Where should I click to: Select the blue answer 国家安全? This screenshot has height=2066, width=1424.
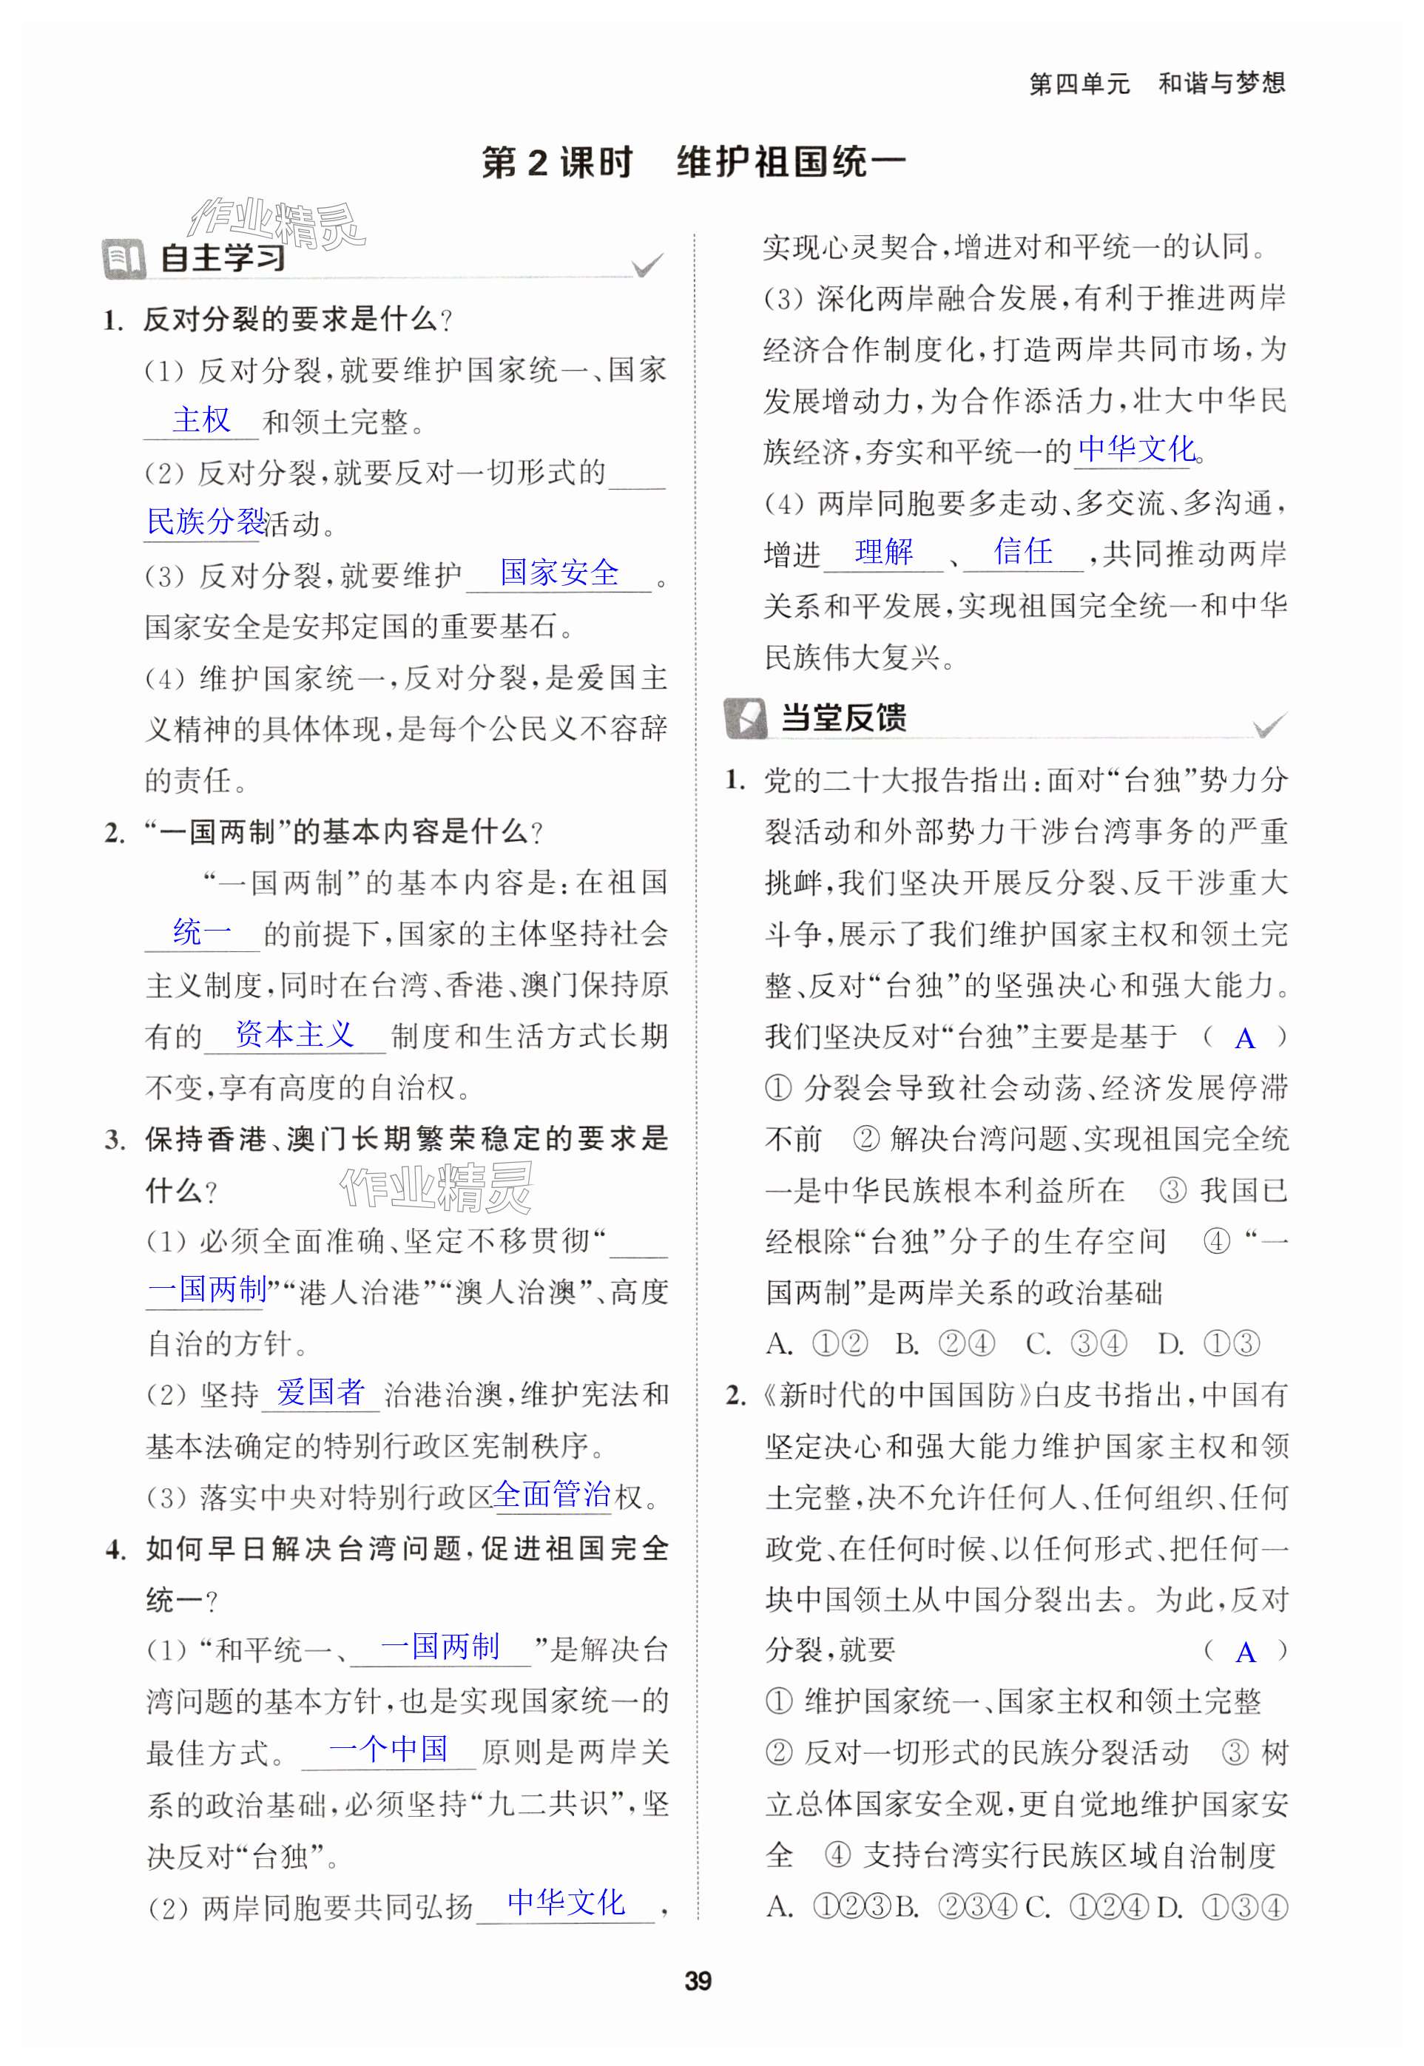point(559,573)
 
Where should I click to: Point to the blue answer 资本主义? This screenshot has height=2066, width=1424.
point(294,1035)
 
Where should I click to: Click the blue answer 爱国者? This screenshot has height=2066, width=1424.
point(320,1393)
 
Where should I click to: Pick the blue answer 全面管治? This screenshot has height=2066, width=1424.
point(551,1494)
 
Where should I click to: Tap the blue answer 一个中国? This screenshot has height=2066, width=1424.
point(388,1749)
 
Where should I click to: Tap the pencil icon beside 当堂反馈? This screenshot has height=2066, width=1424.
point(745,718)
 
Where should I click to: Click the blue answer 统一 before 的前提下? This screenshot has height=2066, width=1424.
point(202,933)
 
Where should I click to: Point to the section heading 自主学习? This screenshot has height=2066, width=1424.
point(223,259)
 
